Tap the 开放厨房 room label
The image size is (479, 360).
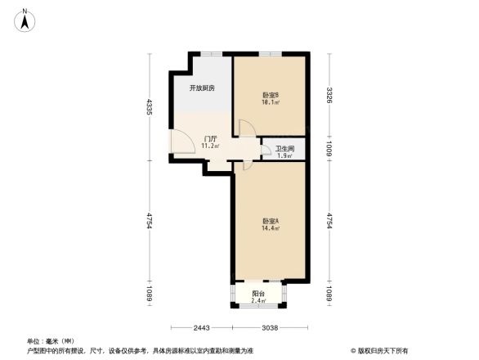[x=202, y=88]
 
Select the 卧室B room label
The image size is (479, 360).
[x=271, y=95]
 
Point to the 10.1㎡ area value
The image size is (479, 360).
[x=271, y=103]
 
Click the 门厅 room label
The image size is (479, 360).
[x=210, y=138]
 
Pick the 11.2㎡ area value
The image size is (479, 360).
[x=210, y=146]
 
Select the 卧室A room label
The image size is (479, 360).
[x=271, y=221]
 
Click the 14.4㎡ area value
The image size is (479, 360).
[x=271, y=229]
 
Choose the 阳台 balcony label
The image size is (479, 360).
[x=257, y=293]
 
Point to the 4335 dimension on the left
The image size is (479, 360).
[x=150, y=106]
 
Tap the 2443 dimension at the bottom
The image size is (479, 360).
[x=202, y=328]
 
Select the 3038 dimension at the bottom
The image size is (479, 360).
[x=270, y=328]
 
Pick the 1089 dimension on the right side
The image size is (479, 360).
[x=329, y=294]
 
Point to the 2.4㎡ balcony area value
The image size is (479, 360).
[x=257, y=301]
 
